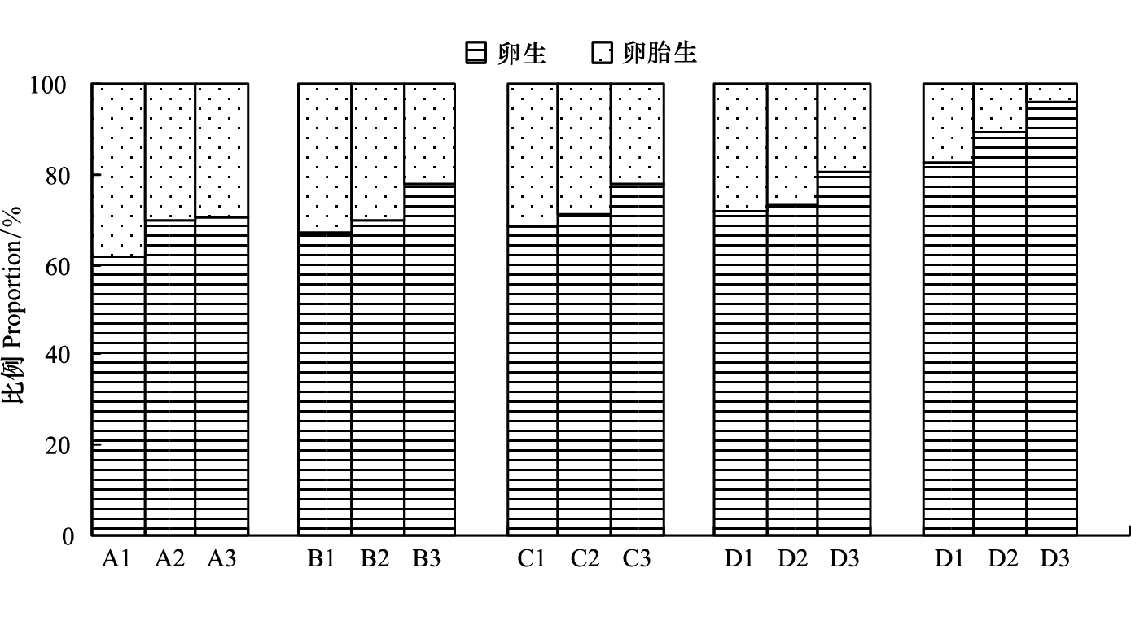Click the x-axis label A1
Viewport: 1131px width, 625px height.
pyautogui.click(x=116, y=558)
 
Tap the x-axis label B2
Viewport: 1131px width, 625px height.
pyautogui.click(x=374, y=558)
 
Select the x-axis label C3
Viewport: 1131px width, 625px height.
pyautogui.click(x=636, y=558)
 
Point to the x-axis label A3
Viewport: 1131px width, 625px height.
pyautogui.click(x=221, y=558)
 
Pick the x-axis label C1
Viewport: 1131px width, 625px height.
pyautogui.click(x=531, y=558)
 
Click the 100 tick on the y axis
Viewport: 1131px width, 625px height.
pyautogui.click(x=48, y=85)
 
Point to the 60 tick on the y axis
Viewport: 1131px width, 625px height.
pyautogui.click(x=58, y=267)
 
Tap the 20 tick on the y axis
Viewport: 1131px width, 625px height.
pyautogui.click(x=58, y=445)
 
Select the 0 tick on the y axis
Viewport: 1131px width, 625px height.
pyautogui.click(x=68, y=536)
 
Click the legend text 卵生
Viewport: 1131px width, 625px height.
pyautogui.click(x=522, y=53)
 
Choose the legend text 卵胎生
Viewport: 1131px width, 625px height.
pyautogui.click(x=660, y=53)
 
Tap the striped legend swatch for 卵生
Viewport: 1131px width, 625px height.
pyautogui.click(x=476, y=53)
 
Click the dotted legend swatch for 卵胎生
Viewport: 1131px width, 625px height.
pyautogui.click(x=602, y=53)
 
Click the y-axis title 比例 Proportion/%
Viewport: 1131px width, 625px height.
pyautogui.click(x=12, y=305)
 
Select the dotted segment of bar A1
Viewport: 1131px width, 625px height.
pyautogui.click(x=119, y=170)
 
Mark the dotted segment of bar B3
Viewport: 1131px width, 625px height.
pyautogui.click(x=430, y=133)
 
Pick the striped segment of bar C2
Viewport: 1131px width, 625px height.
pyautogui.click(x=584, y=375)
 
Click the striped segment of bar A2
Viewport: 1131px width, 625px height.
pyautogui.click(x=170, y=378)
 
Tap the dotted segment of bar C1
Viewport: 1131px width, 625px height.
pyautogui.click(x=533, y=155)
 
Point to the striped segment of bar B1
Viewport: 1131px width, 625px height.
pyautogui.click(x=325, y=384)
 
